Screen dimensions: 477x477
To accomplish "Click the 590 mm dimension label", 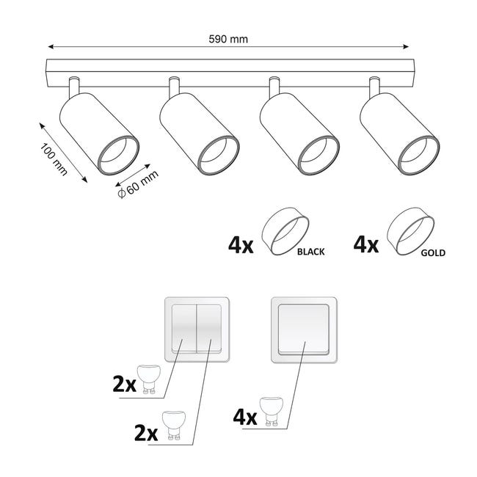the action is (x=228, y=39).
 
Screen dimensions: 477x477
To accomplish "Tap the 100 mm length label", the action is (x=54, y=159).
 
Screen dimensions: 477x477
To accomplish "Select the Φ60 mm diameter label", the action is (x=138, y=184).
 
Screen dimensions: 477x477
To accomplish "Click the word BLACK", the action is (x=310, y=252).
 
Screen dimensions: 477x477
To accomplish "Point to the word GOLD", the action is (x=433, y=252).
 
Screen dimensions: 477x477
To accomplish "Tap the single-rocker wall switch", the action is (x=304, y=330).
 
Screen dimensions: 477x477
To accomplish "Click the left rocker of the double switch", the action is (x=184, y=329).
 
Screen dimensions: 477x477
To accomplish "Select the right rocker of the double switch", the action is (x=209, y=329).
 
